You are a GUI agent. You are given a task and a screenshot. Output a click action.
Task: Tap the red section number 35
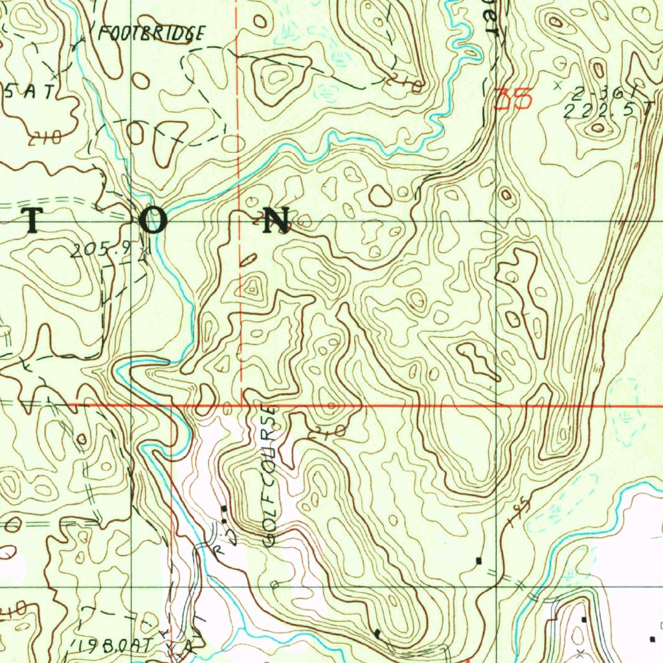coord(513,99)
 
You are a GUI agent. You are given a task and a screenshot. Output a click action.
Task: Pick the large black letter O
coord(154,221)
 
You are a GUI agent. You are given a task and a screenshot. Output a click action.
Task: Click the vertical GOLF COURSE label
coord(270,476)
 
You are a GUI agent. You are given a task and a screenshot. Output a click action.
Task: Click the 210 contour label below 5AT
coord(45,137)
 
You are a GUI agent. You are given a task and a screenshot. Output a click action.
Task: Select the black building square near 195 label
coord(478,560)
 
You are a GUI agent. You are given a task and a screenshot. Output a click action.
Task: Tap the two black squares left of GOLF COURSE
coord(224,514)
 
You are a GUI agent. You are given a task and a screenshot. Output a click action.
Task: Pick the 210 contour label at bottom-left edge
coord(13,609)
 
